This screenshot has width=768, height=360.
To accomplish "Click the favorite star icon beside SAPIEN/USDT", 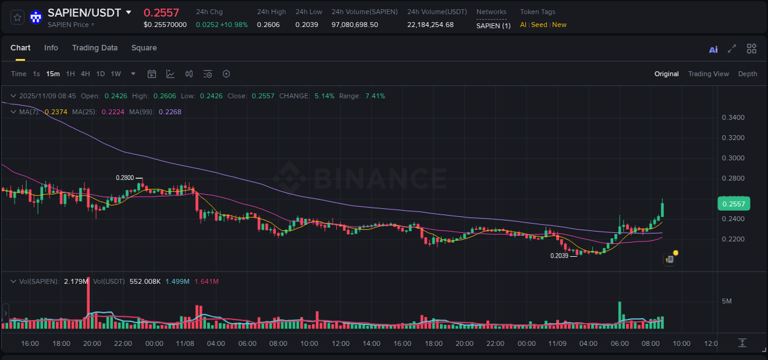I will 18,17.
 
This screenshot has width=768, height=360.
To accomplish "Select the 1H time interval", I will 70,74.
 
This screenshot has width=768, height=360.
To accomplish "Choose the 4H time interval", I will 85,74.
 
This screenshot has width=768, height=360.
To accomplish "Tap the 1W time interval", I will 116,74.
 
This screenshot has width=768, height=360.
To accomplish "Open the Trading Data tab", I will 95,48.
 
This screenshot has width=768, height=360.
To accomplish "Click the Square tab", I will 144,48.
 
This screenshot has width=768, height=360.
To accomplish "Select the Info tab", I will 51,48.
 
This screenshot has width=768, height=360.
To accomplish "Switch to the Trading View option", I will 708,74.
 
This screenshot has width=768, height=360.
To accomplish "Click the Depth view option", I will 747,74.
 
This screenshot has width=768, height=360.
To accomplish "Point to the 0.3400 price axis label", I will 733,117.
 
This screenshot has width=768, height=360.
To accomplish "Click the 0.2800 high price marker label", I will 125,178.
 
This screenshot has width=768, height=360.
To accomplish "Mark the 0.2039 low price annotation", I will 559,256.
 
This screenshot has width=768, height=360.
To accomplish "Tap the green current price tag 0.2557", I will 734,204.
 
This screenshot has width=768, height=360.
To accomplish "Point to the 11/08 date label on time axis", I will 185,343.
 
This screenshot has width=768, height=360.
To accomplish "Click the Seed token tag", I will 539,25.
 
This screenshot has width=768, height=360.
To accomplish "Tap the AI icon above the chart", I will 713,50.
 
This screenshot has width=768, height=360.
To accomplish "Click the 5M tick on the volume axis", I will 727,301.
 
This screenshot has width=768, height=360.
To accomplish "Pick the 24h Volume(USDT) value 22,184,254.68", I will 430,25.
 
